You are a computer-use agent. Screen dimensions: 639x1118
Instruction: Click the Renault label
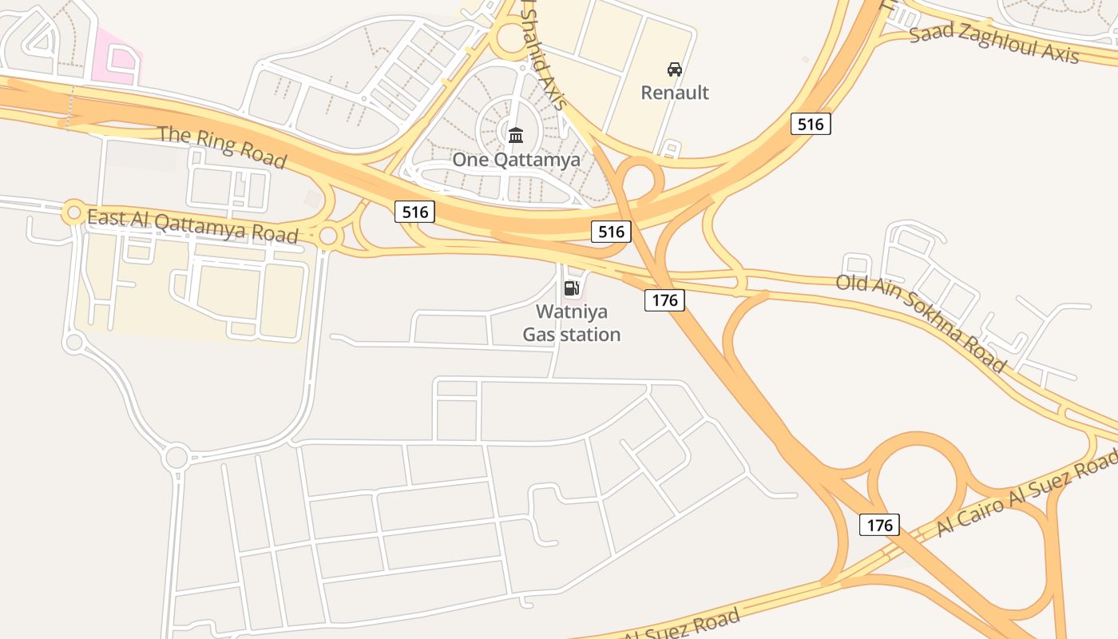click(675, 93)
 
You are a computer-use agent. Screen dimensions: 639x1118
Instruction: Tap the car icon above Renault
click(675, 69)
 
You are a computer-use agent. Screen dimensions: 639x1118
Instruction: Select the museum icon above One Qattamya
click(516, 135)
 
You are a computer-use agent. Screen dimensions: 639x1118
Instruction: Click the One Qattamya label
click(516, 159)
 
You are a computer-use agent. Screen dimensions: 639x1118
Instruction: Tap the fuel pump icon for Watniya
click(571, 288)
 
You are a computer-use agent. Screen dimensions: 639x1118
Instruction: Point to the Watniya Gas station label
click(571, 323)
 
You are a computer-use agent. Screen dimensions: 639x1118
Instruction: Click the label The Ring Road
click(222, 146)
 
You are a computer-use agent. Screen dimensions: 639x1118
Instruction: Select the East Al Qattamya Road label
click(192, 225)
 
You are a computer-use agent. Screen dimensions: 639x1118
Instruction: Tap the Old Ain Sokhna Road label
click(921, 321)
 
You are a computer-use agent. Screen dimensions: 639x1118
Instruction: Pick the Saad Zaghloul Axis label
click(994, 42)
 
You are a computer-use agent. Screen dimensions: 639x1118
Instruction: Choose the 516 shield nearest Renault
click(811, 124)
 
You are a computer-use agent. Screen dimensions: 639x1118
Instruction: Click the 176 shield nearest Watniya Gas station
click(664, 300)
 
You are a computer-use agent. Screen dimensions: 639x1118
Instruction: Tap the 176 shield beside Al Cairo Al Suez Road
click(879, 525)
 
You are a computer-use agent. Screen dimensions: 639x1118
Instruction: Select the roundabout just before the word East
click(73, 212)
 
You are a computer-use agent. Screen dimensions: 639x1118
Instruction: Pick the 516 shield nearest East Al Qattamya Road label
click(414, 212)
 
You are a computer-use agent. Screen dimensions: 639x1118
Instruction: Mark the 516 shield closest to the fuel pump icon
click(611, 232)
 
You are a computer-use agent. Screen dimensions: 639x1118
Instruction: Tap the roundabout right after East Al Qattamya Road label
click(328, 236)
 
